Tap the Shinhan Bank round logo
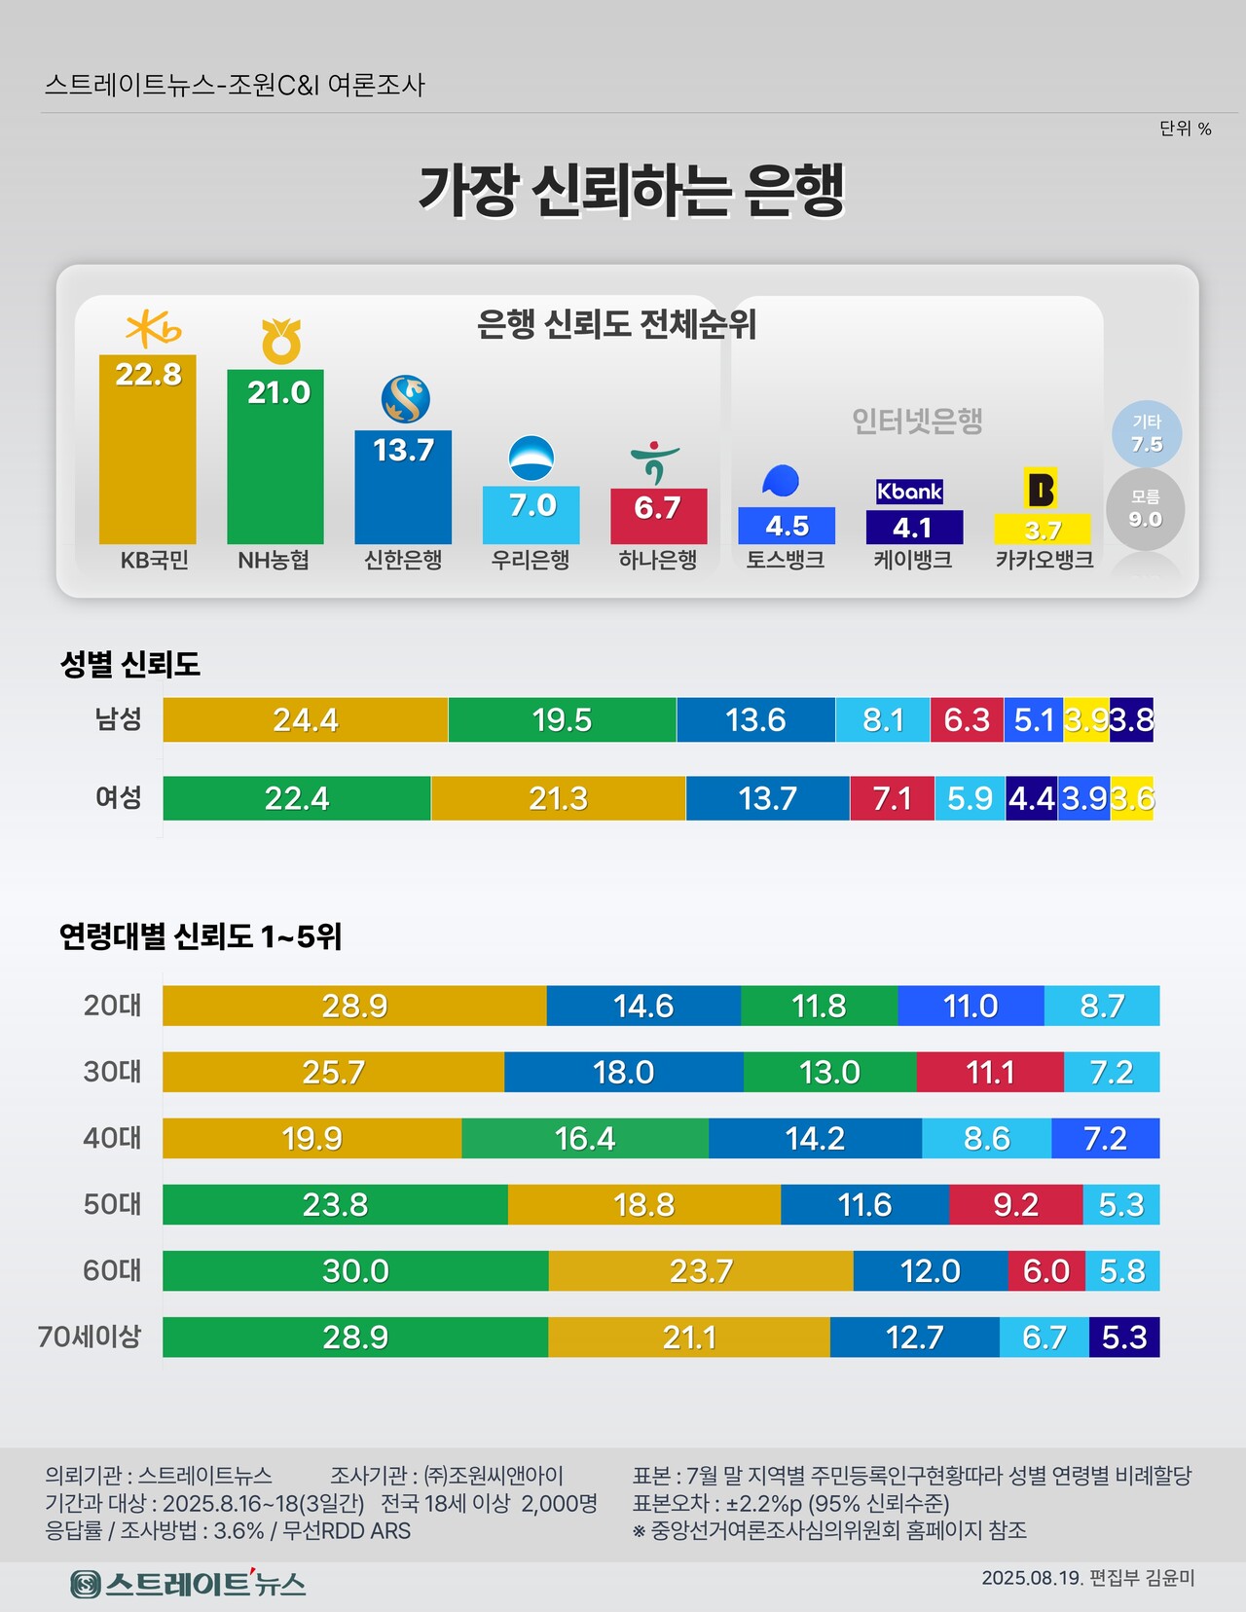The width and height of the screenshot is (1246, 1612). tap(405, 399)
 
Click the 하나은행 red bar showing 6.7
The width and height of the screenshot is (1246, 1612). tap(658, 515)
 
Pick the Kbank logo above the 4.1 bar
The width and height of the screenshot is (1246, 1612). tap(910, 492)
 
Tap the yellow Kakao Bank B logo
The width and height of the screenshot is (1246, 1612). tap(1041, 488)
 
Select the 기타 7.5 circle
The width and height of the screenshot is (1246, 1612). tap(1147, 434)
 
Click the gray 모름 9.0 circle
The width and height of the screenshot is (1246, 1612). tap(1146, 509)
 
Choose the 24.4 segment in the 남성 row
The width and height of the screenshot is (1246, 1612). tap(305, 720)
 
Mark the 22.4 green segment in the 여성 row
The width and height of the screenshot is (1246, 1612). tap(297, 799)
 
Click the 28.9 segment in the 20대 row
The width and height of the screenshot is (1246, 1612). tap(354, 1006)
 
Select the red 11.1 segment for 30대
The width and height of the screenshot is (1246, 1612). tap(990, 1072)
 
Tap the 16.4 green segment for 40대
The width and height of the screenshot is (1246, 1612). tap(585, 1138)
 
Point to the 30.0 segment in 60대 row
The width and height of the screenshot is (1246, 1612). tap(355, 1270)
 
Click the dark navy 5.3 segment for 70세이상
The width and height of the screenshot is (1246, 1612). tap(1124, 1337)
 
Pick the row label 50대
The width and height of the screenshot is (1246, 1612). tap(112, 1204)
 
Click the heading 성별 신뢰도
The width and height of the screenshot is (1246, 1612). tap(130, 665)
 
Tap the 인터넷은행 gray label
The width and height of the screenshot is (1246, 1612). tap(917, 421)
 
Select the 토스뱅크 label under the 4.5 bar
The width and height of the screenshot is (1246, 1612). tap(786, 561)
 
